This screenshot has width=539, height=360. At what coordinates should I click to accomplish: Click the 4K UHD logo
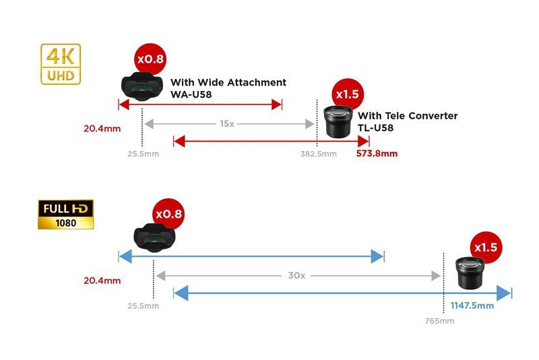coord(61,64)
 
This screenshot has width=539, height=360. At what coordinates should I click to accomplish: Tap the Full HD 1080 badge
coord(65,214)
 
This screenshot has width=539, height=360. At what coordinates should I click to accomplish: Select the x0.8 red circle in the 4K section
coord(150,59)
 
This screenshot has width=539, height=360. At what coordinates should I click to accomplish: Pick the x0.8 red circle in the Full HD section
coord(168,214)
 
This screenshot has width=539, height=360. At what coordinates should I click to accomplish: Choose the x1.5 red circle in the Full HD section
coord(485,247)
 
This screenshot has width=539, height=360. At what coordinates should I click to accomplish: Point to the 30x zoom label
coord(296,276)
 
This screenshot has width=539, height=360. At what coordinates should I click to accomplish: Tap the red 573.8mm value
coord(377,153)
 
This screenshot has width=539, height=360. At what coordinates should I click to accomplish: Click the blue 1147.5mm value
coord(472,305)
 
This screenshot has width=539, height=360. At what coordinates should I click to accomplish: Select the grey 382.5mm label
coord(318,154)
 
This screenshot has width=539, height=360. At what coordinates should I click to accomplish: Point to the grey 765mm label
coord(439,321)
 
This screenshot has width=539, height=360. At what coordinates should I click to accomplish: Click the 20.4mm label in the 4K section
coord(102,128)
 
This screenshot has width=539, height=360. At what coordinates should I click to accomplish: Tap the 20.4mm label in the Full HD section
coord(102,280)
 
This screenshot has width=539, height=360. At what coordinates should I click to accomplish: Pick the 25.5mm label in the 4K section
coord(143,154)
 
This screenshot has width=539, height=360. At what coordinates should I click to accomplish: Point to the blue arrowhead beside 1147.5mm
coord(503,293)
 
